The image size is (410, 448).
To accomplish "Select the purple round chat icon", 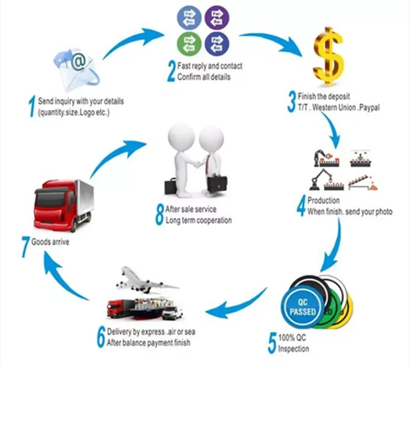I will point(217,18).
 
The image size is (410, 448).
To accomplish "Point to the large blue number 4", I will point(301,206).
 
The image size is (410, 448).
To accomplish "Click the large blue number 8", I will point(160,215).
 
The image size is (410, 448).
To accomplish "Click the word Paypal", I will point(369,107).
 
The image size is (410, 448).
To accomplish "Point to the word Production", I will point(323,200).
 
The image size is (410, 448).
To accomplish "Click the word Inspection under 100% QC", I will point(293,348).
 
